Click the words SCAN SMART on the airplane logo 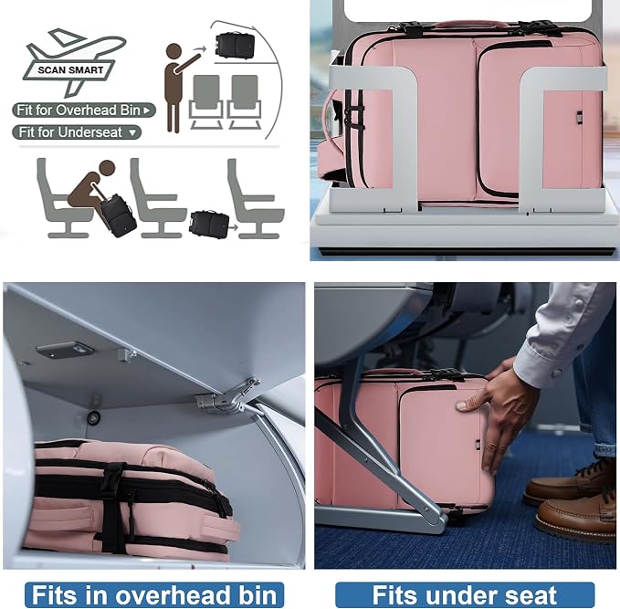(x=70, y=70)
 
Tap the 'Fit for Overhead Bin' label (x=84, y=110)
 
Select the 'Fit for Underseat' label (x=77, y=132)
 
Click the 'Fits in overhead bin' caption (x=154, y=594)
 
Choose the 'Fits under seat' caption (x=465, y=594)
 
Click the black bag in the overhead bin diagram (x=235, y=46)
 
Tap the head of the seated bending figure (x=107, y=168)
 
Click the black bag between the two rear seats (x=209, y=224)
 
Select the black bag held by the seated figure (x=118, y=215)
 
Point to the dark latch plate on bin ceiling (x=65, y=350)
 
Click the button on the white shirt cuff (x=557, y=373)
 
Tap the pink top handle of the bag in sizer (x=470, y=25)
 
